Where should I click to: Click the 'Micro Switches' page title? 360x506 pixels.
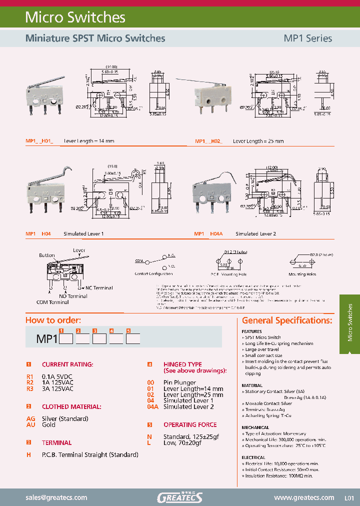point(75,17)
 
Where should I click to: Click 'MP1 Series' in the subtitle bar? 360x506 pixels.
point(307,38)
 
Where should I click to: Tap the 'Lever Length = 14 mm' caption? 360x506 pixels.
point(89,141)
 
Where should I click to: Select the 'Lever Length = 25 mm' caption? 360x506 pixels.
point(258,141)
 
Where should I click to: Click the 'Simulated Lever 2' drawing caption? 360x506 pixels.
point(255,233)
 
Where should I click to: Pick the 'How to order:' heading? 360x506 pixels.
point(53,320)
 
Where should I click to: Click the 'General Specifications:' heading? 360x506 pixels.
point(287,320)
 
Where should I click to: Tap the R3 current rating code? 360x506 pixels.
point(30,388)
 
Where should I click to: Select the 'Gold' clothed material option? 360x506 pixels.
point(48,424)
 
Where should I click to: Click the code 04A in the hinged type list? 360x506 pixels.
point(152,406)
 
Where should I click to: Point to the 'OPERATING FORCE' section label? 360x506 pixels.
point(190,424)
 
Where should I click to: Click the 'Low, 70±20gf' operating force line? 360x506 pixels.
point(184,442)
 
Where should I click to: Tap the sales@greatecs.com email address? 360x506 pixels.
point(56,497)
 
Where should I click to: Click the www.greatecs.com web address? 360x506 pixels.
point(304,497)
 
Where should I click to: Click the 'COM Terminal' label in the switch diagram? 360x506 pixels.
point(52,302)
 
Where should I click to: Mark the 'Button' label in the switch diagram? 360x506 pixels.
point(47,255)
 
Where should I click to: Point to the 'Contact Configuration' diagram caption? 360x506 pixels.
point(153,274)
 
